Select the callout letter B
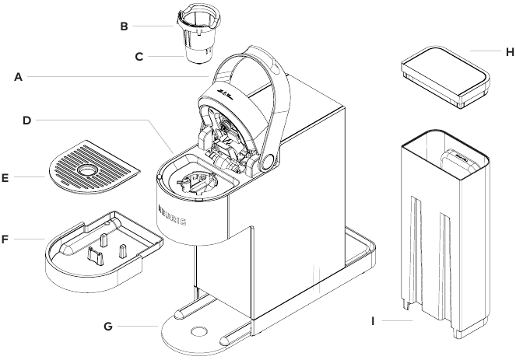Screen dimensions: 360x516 point(124,26)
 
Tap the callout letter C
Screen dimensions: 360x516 point(139,56)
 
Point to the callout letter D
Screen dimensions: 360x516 point(26,121)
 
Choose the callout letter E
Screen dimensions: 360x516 point(6,178)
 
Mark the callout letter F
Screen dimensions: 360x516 point(6,237)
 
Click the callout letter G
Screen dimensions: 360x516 point(108,326)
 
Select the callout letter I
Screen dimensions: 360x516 point(374,320)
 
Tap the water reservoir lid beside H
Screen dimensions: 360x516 point(444,77)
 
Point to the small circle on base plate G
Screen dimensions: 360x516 point(199,330)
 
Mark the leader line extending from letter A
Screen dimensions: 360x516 point(117,76)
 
